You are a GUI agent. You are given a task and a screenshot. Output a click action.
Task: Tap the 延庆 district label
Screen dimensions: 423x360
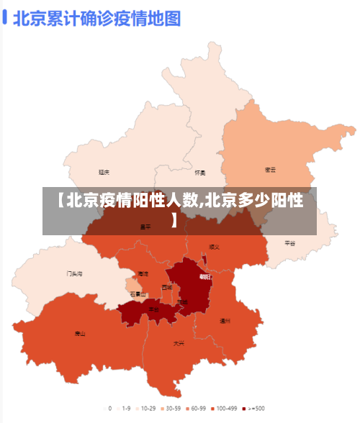click(x=104, y=173)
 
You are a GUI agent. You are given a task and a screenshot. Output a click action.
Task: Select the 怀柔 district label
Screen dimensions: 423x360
click(x=200, y=173)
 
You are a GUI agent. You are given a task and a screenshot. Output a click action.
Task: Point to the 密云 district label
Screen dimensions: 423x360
click(x=271, y=170)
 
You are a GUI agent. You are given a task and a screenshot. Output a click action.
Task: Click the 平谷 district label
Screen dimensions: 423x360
click(x=290, y=243)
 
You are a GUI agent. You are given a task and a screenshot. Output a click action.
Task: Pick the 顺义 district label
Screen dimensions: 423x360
click(x=214, y=246)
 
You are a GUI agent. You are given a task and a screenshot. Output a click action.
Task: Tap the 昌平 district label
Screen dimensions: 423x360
click(x=145, y=227)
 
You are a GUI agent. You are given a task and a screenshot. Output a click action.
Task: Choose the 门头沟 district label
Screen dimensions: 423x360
click(x=75, y=273)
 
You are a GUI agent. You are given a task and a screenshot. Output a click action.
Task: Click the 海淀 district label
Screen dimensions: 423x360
click(x=143, y=273)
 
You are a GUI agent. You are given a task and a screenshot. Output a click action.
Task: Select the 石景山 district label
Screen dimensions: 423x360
click(x=138, y=294)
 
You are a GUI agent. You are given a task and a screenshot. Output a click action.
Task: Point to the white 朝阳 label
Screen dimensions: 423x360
click(x=205, y=276)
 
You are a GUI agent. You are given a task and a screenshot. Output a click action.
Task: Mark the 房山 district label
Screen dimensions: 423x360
click(x=80, y=334)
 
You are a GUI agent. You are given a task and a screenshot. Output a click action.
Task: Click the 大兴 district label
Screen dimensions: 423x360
click(x=179, y=343)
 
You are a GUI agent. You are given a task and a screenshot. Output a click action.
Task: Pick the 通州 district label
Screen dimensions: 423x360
click(x=225, y=321)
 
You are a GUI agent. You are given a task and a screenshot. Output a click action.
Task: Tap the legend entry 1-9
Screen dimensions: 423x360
click(x=123, y=408)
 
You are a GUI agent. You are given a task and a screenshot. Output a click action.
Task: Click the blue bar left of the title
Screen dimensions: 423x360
click(x=5, y=17)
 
